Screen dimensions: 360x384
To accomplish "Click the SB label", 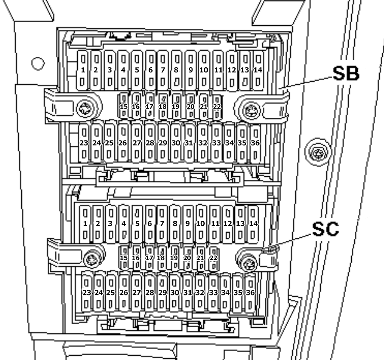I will (346, 73).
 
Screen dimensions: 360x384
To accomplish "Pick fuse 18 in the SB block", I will (163, 106).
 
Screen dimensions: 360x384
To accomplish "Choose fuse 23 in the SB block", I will (84, 143).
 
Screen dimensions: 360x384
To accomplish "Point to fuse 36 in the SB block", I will (255, 143).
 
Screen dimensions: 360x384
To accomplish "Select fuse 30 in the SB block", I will (176, 143).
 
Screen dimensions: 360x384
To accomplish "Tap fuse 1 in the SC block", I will (85, 223).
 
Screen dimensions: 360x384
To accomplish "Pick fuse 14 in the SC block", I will (253, 223).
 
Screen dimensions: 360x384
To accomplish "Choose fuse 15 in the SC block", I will (124, 257).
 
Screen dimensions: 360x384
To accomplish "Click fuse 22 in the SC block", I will (213, 257).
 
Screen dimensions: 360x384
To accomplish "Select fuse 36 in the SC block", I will (250, 292).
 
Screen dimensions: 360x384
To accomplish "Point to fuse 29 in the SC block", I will (162, 292).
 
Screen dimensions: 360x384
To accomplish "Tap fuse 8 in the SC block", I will (175, 223).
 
